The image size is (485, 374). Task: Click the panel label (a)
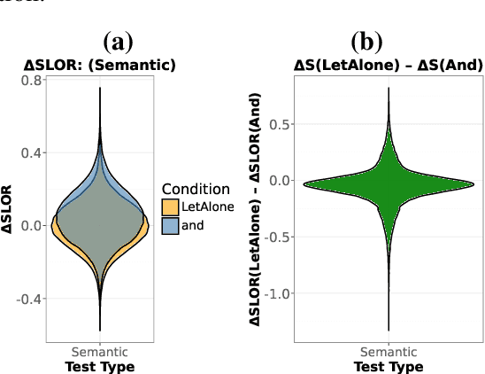tap(117, 41)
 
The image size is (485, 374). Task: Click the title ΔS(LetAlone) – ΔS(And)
tap(389, 64)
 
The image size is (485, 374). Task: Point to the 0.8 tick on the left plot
tap(32, 81)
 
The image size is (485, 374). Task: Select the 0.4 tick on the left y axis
tap(32, 152)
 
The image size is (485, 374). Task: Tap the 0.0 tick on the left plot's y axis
tap(32, 225)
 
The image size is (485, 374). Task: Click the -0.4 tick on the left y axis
tap(30, 299)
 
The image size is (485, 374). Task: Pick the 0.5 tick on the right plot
tap(281, 124)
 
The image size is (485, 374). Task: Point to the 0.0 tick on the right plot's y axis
tap(281, 181)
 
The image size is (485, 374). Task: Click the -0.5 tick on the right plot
tap(280, 237)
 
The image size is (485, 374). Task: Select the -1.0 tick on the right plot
tap(280, 293)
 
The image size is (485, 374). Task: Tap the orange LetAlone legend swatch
tap(171, 206)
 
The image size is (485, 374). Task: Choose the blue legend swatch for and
tap(171, 225)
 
